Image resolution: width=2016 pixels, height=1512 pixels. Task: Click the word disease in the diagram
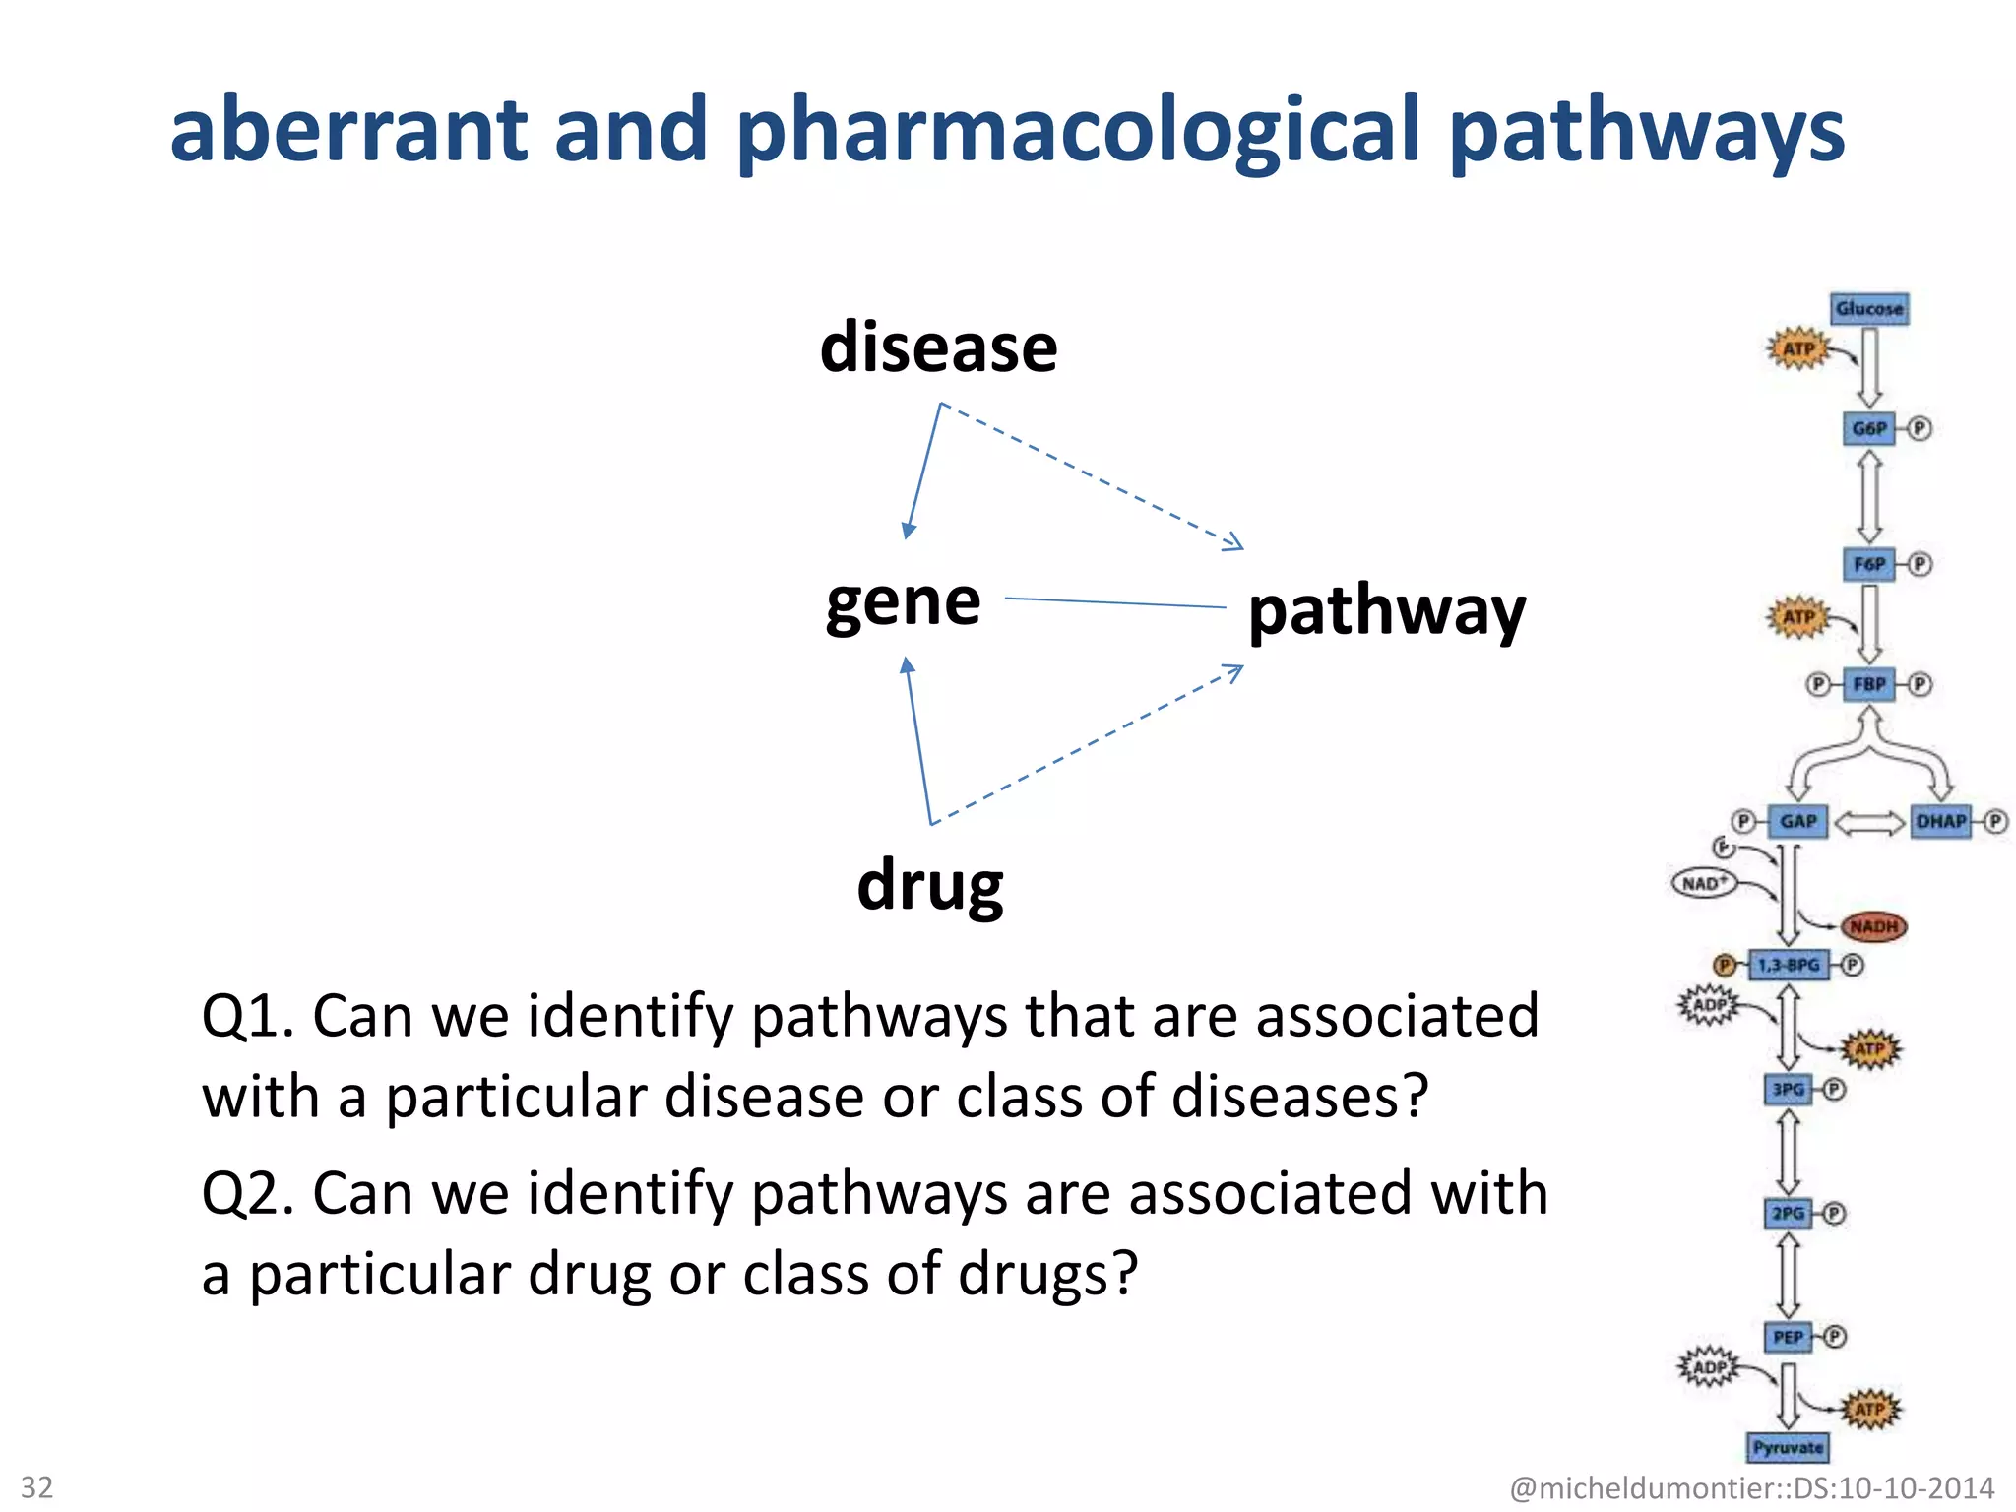point(938,348)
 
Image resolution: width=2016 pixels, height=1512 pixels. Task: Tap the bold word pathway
point(1386,612)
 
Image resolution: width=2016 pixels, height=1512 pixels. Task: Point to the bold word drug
point(930,885)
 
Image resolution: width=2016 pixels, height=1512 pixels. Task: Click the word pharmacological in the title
point(1078,131)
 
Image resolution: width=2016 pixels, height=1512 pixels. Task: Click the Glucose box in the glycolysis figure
point(1869,309)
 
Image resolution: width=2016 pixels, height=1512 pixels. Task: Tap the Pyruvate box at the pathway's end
point(1788,1447)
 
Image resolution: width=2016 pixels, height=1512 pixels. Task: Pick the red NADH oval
point(1873,926)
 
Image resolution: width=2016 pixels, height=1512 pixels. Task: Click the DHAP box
point(1940,821)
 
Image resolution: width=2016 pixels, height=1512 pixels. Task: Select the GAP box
point(1797,821)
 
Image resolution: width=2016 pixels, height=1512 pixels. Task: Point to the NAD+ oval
point(1704,883)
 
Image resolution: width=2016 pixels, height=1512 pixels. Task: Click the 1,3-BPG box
point(1788,965)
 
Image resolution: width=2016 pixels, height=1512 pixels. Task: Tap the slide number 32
point(37,1486)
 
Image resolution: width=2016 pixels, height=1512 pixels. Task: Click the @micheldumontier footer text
point(1751,1487)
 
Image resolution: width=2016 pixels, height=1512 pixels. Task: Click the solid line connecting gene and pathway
point(1114,602)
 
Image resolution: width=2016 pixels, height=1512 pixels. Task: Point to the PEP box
point(1788,1337)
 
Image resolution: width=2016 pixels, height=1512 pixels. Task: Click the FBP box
point(1868,684)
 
